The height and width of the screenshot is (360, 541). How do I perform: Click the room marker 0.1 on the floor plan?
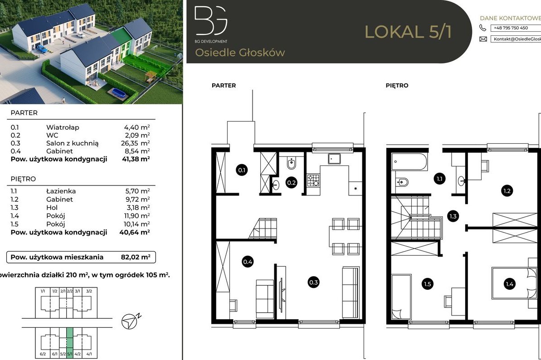[242, 170]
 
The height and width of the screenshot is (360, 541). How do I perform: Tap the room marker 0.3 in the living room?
[313, 282]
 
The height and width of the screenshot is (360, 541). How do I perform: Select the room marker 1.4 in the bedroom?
[509, 284]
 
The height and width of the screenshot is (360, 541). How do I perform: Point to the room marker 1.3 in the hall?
[452, 216]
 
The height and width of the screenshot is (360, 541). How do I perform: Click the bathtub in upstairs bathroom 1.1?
[409, 162]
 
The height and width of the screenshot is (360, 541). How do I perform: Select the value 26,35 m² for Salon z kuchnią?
[136, 143]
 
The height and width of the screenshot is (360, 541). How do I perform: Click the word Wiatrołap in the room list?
[63, 127]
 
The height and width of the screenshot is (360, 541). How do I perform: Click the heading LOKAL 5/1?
[408, 32]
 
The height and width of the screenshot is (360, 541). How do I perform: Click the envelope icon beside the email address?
[483, 39]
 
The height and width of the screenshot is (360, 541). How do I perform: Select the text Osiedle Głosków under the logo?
[240, 53]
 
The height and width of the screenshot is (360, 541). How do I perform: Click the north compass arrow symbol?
[129, 321]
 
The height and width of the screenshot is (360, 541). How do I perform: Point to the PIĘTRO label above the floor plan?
[397, 85]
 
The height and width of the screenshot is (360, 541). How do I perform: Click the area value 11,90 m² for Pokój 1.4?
[136, 216]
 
